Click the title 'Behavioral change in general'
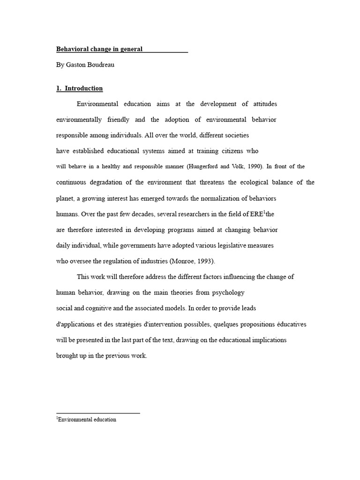pyautogui.click(x=99, y=49)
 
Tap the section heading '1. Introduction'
pyautogui.click(x=80, y=88)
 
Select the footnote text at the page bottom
pyautogui.click(x=86, y=420)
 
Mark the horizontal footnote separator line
pyautogui.click(x=98, y=413)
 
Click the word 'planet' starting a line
pyautogui.click(x=65, y=198)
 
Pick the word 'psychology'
pyautogui.click(x=228, y=292)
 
